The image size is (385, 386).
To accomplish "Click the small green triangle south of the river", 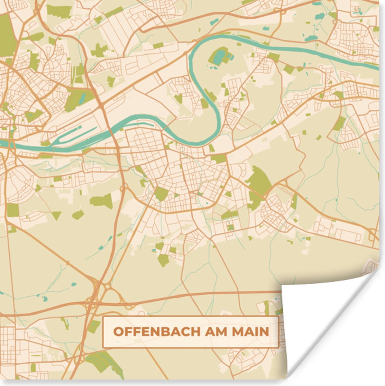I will pos(56,215).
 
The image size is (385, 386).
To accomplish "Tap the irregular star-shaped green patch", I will pos(100,51).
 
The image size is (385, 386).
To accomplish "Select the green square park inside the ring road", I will pos(161,193).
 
